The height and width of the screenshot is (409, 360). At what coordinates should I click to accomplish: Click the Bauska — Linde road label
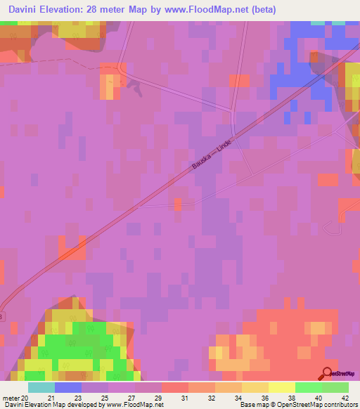211,153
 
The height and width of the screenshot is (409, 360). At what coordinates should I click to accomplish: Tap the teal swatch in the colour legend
41,387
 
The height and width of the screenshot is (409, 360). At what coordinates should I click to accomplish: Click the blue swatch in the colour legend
68,387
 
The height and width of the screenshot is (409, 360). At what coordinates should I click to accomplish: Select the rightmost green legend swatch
335,387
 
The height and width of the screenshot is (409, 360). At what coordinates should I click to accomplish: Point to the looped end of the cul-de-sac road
330,226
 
